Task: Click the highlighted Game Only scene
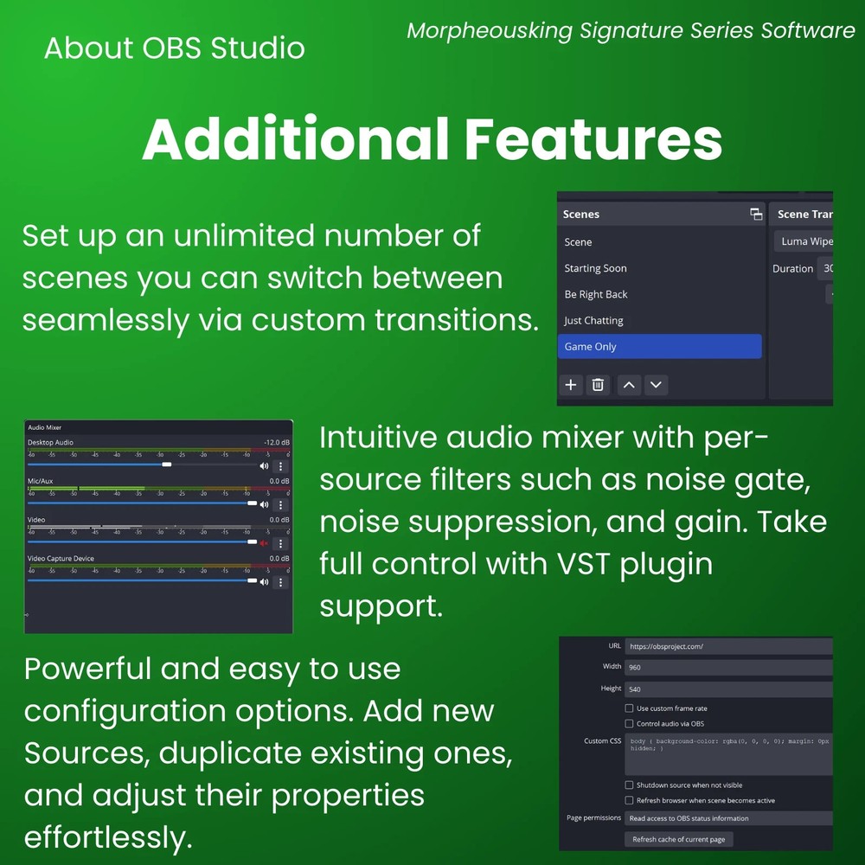coord(659,346)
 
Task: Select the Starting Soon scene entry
coord(595,268)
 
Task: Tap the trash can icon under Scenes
coord(597,385)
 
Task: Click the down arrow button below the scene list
coord(656,385)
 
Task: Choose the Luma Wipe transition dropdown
coord(804,241)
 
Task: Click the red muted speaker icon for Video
coord(264,543)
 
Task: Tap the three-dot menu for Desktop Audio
coord(280,465)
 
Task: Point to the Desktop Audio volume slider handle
coord(167,465)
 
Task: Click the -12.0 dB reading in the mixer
coord(277,442)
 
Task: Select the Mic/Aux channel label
coord(40,481)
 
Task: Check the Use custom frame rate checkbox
coord(629,708)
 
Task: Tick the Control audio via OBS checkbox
coord(629,723)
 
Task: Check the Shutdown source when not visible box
coord(629,785)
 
